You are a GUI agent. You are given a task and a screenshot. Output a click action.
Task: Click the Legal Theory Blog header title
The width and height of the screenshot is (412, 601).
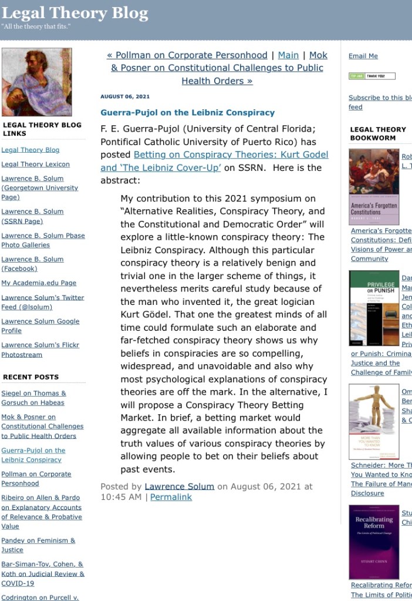(x=75, y=13)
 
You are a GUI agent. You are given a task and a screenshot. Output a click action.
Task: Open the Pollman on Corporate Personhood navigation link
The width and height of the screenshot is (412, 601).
(x=187, y=55)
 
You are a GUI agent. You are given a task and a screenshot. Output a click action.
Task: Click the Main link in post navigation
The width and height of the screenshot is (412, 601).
(x=288, y=55)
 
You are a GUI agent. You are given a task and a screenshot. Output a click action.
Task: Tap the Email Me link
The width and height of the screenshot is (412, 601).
(x=363, y=56)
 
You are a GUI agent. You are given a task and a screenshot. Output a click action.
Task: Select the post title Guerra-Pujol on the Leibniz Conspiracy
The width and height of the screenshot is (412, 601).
(x=187, y=112)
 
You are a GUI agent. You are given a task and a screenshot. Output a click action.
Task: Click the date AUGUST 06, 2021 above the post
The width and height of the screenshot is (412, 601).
(x=125, y=96)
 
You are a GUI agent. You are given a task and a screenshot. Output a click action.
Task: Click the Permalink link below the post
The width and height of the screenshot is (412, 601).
(x=171, y=497)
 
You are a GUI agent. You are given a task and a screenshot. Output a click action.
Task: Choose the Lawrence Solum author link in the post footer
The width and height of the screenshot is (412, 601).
(x=180, y=486)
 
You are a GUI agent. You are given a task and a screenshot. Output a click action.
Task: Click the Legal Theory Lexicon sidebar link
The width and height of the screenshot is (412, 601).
(x=35, y=164)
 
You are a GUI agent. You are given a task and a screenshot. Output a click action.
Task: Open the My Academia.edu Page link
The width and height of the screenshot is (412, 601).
(x=39, y=283)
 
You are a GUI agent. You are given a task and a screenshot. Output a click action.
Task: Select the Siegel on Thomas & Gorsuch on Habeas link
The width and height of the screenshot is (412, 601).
(x=33, y=398)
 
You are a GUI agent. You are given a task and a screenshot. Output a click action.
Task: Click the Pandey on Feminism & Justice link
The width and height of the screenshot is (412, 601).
(x=38, y=545)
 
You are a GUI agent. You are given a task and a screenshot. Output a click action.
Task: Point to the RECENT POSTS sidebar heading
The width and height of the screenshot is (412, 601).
(x=31, y=377)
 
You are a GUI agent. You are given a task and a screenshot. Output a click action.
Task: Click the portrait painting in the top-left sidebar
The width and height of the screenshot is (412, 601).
(x=36, y=82)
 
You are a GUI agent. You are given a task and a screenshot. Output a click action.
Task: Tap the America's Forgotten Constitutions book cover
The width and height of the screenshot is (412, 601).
(x=374, y=185)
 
